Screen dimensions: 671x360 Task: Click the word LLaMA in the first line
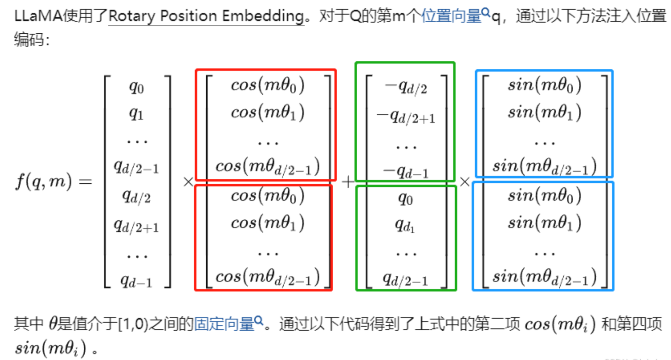[38, 16]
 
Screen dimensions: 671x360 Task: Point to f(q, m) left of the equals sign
[43, 182]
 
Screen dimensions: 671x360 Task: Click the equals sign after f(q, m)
[85, 182]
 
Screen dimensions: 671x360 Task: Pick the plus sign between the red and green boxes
[348, 182]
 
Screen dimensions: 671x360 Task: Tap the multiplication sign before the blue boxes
[465, 182]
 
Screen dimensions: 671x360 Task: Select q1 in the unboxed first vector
[136, 114]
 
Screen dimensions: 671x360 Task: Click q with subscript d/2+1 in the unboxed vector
[136, 226]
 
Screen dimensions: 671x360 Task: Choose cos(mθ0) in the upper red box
[268, 85]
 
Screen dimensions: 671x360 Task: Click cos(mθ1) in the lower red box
[268, 223]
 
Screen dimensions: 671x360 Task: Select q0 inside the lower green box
[405, 199]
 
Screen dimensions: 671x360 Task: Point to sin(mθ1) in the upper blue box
[545, 112]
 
